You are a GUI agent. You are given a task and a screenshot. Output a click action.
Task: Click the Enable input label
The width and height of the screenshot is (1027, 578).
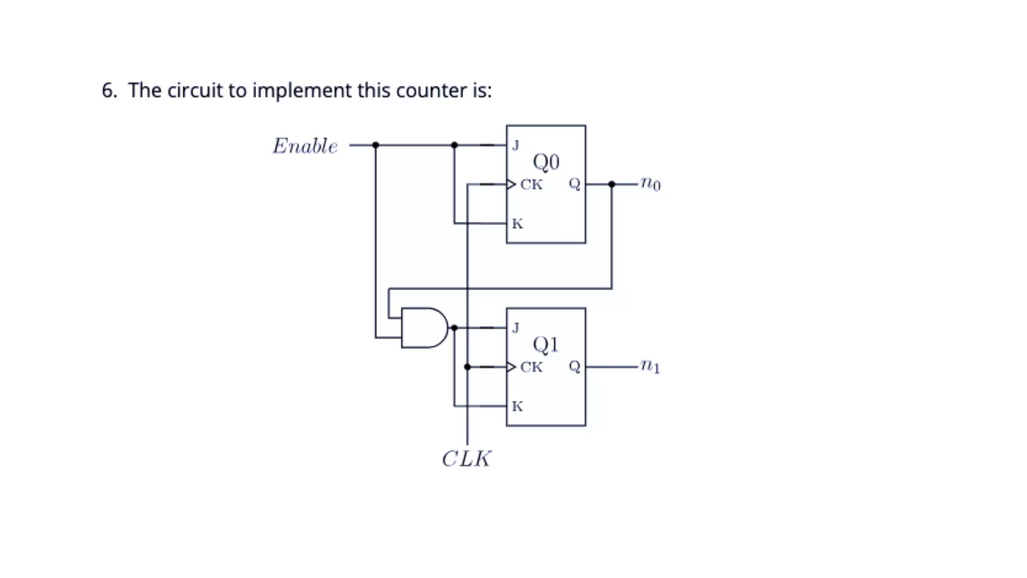coord(305,146)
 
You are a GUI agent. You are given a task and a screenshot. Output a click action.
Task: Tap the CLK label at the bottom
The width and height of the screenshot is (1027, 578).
coord(466,459)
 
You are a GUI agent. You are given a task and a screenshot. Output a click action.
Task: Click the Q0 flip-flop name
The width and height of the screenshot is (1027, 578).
coord(546,162)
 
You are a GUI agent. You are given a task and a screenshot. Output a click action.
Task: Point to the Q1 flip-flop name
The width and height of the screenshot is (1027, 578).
coord(546,344)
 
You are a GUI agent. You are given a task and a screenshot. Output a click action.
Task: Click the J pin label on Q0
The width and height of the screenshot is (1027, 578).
coord(516,146)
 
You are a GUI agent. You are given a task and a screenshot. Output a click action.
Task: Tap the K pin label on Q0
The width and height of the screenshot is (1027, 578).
coord(517,224)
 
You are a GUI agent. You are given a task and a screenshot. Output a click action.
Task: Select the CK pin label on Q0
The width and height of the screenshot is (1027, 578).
coord(531,185)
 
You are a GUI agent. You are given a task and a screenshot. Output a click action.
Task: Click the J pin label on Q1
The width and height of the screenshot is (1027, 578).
coord(516,328)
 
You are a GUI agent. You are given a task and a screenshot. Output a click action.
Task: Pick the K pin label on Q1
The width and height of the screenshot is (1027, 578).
coord(517,406)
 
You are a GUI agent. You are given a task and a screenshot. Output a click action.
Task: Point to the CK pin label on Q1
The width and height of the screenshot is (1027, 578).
coord(531,367)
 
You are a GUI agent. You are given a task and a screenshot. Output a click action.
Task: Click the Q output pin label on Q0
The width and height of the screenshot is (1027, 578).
coord(574,184)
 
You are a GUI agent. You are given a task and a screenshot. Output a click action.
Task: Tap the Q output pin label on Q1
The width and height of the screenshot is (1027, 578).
coord(574,367)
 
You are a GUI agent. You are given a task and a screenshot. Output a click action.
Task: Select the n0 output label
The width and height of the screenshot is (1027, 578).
coord(650,184)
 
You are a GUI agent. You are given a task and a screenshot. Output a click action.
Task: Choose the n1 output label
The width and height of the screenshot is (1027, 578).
coord(650,366)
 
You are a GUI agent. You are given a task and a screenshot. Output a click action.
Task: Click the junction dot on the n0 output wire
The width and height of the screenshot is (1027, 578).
coord(611,184)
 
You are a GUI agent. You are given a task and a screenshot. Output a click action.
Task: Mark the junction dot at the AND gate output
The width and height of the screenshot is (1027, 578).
coord(454,328)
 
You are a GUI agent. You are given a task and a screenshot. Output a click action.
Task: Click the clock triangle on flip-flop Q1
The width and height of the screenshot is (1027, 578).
coord(511,367)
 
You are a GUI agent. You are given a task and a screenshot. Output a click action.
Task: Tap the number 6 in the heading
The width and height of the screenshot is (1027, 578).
coord(107,90)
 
